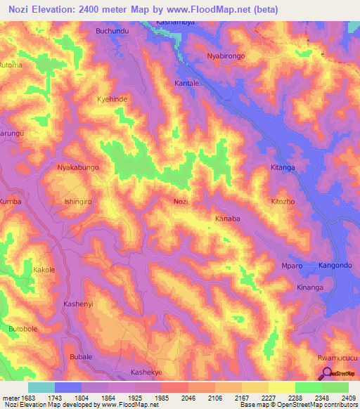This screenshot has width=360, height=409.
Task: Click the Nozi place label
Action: click(x=181, y=202)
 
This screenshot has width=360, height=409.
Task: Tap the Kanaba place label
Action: click(x=227, y=219)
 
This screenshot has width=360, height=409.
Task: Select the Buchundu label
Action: click(x=112, y=32)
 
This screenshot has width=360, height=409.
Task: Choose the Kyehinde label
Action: click(x=112, y=100)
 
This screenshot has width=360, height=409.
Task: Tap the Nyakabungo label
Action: click(x=77, y=168)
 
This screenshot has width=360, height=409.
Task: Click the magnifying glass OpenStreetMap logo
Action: click(x=326, y=374)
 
